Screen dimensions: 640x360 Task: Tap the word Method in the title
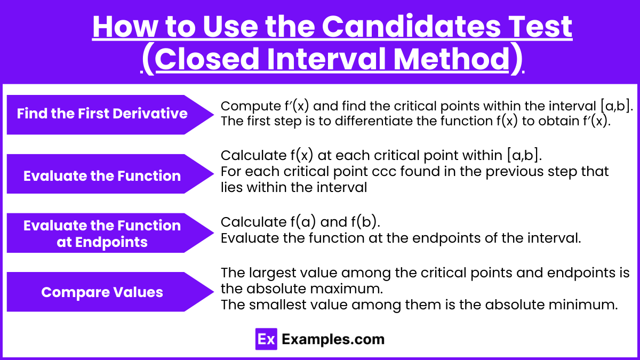451,59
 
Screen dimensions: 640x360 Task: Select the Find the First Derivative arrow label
110,115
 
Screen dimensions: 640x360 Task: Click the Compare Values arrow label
110,292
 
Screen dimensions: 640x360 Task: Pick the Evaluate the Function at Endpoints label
110,233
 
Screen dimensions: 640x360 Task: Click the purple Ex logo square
266,339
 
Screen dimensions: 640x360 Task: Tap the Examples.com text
333,339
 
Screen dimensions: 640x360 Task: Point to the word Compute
251,107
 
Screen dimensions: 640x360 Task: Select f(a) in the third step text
303,222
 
